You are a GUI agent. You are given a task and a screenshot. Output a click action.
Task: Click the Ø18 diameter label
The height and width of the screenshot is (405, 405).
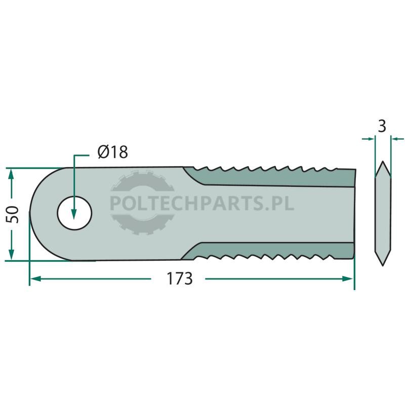113,152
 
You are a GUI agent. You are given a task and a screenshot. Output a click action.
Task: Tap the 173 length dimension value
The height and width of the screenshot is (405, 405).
180,279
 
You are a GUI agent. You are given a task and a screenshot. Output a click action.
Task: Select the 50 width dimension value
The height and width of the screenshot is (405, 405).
13,215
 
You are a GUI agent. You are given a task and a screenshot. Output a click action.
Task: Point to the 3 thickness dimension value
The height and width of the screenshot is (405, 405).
382,126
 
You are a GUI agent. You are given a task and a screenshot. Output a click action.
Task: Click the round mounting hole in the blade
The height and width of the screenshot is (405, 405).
74,213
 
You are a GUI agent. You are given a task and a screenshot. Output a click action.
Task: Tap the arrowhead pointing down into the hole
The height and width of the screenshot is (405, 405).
74,214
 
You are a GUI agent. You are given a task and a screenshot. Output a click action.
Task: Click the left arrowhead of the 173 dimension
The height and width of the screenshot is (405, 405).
35,279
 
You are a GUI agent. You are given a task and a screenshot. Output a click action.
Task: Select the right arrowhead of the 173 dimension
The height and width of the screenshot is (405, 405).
347,279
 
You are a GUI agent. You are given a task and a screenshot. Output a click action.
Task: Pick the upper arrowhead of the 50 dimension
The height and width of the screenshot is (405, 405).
11,175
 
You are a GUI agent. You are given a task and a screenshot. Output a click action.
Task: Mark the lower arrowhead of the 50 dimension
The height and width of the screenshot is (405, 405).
11,255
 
